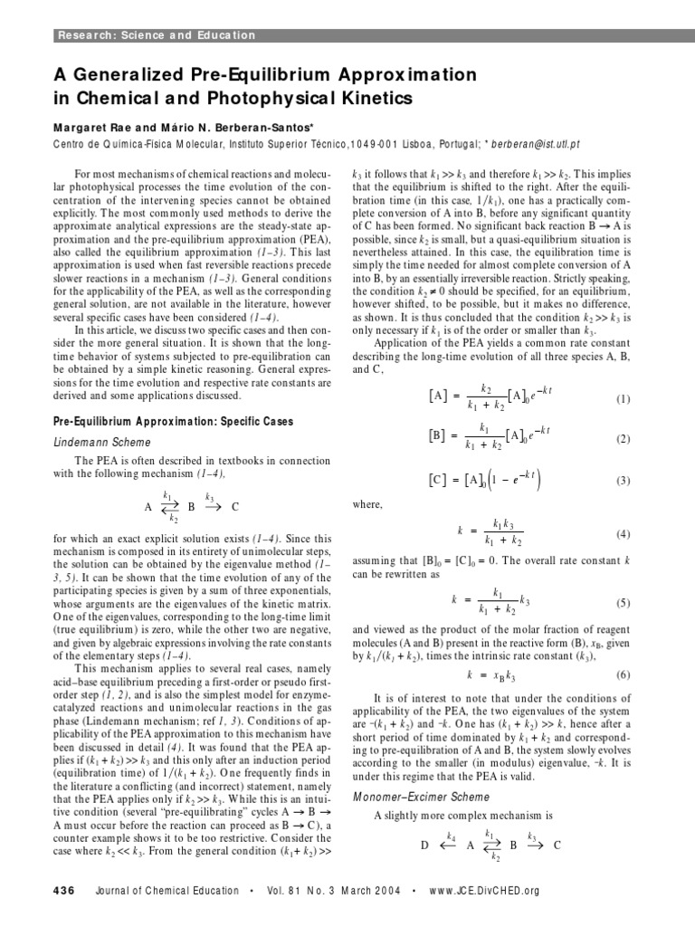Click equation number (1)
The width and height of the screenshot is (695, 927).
pos(623,374)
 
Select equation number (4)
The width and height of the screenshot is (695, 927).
pos(623,534)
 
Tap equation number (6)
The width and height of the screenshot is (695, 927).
pos(623,674)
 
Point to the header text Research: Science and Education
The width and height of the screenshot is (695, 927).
pos(157,35)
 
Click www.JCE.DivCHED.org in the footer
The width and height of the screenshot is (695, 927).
pos(487,891)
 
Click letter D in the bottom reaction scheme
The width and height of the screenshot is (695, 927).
pos(424,846)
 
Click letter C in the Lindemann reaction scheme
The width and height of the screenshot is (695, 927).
pos(235,506)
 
